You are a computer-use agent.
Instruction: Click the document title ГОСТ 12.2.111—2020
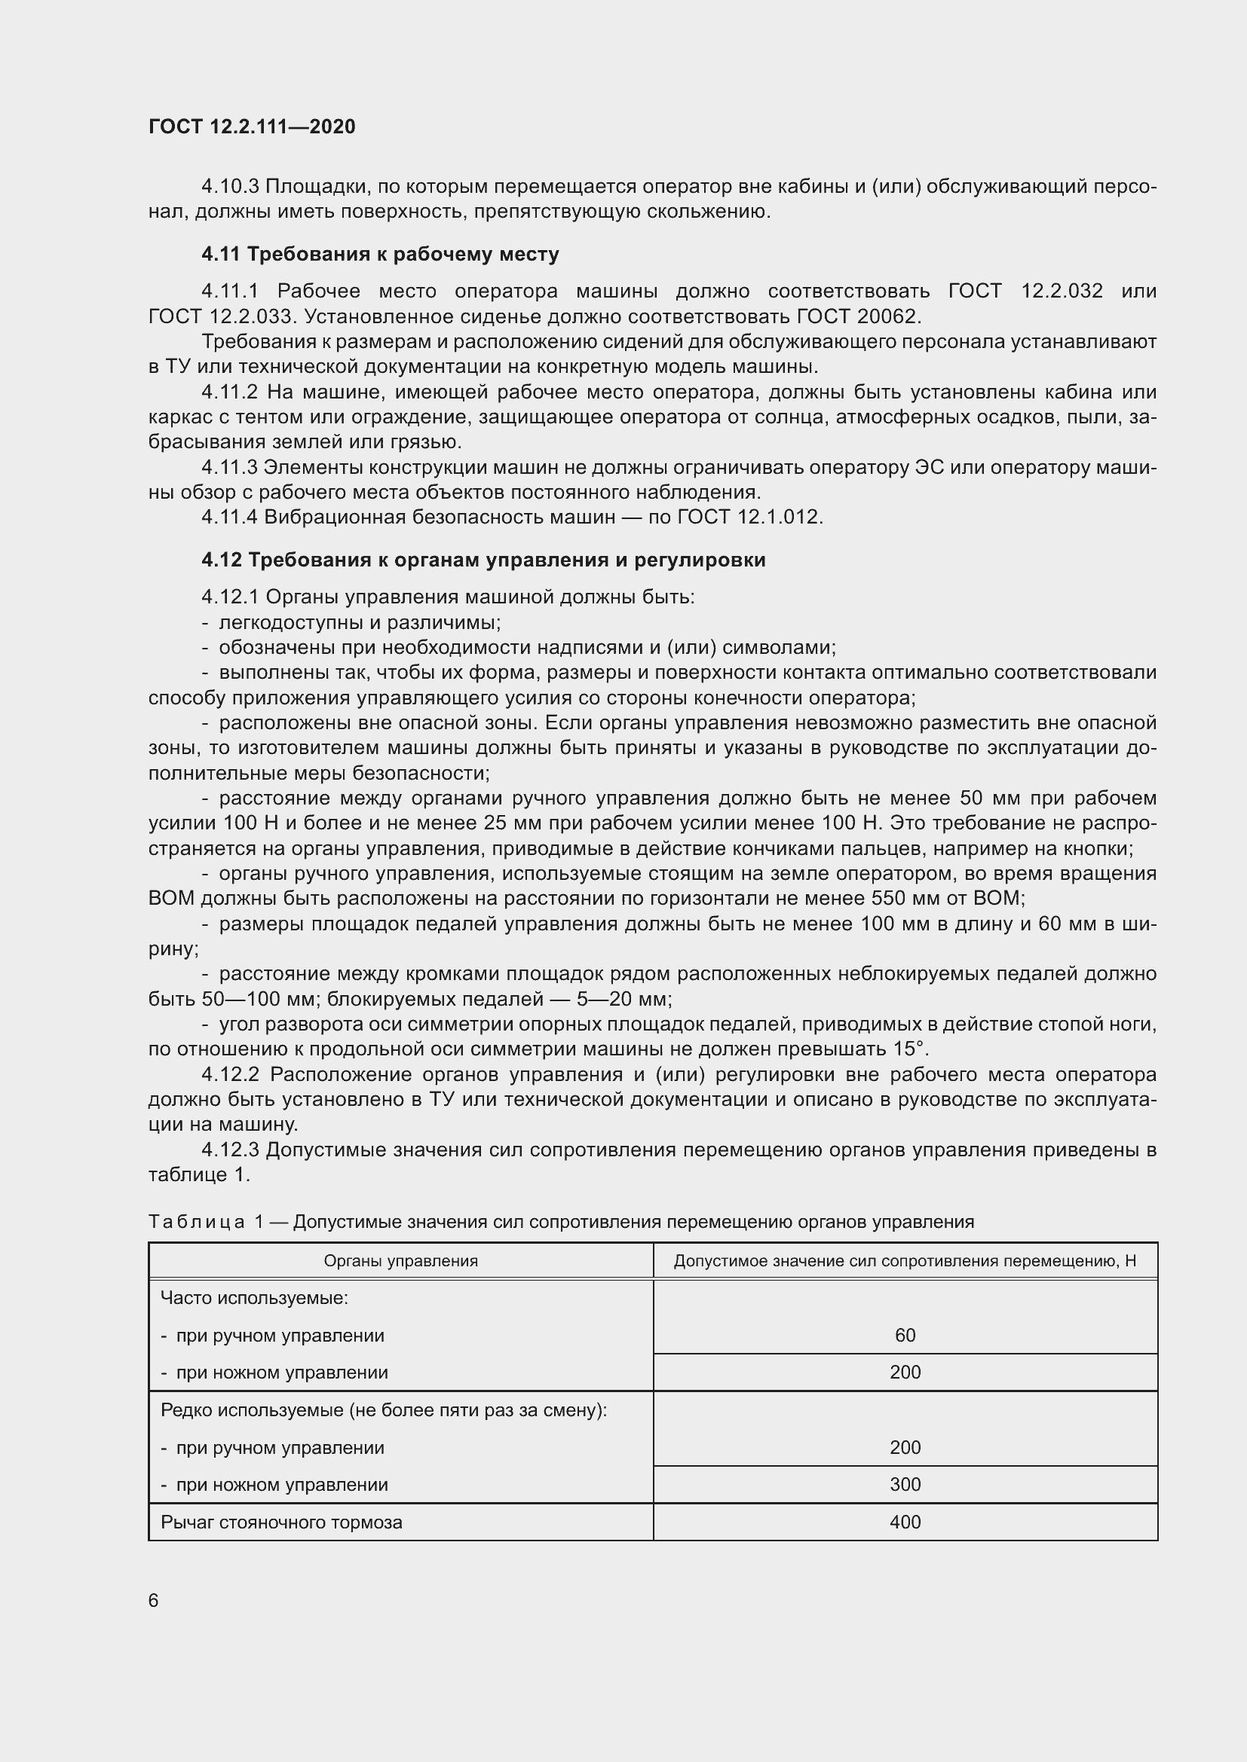coord(252,127)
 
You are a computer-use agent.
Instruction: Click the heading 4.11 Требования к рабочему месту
coord(380,254)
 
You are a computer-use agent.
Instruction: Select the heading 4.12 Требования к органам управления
coord(484,560)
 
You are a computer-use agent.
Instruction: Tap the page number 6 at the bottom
coord(154,1600)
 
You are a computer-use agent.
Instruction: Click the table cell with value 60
coord(905,1336)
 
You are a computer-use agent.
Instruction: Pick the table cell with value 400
coord(905,1522)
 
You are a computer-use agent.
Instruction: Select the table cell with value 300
coord(905,1484)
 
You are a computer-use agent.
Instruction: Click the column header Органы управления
coord(400,1261)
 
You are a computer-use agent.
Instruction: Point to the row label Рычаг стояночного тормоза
coord(281,1522)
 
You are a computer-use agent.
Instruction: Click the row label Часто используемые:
coord(254,1299)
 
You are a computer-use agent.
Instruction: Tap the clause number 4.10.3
coord(231,187)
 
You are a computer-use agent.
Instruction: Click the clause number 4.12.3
coord(231,1150)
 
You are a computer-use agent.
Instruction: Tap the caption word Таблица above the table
coord(197,1222)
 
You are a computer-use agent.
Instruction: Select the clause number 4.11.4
coord(231,518)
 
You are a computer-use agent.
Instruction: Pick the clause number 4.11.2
coord(230,392)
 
